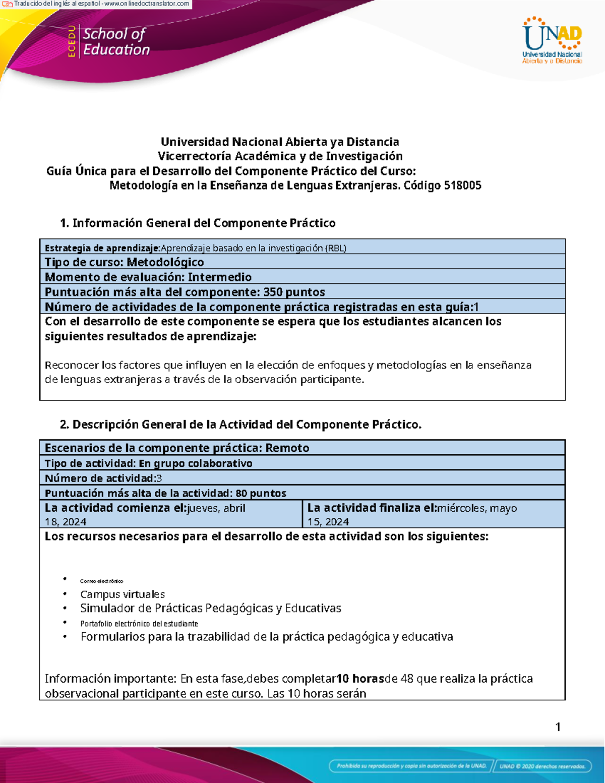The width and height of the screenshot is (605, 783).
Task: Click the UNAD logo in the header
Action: [x=552, y=40]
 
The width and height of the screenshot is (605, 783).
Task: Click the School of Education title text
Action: [x=116, y=41]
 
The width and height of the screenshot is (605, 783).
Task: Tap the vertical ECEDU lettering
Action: [x=72, y=41]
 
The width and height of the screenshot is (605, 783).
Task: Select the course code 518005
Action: [x=462, y=186]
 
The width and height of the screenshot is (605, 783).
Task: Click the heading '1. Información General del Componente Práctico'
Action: [x=198, y=223]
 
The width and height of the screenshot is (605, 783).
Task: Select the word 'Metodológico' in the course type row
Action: [x=165, y=262]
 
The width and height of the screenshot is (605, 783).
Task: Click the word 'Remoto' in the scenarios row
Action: [x=287, y=448]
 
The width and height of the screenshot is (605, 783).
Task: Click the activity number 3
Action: [x=159, y=478]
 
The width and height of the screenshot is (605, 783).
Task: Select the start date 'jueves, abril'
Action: [x=216, y=508]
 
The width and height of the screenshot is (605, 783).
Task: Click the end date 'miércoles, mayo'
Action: [x=477, y=508]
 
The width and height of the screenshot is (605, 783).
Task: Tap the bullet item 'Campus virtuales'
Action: [x=123, y=594]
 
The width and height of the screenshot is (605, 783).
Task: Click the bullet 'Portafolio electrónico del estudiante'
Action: [x=139, y=624]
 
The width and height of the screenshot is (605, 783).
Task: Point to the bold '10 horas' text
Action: [x=360, y=679]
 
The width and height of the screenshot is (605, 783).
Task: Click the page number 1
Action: [x=558, y=727]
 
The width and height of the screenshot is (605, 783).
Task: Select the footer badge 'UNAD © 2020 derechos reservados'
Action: [x=542, y=766]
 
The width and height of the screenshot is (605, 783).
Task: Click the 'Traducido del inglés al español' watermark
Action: [x=101, y=4]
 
